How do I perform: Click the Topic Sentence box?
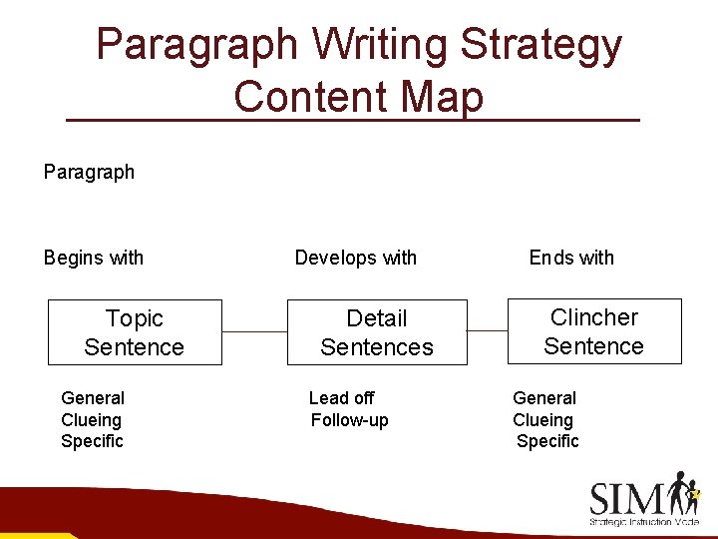(x=135, y=332)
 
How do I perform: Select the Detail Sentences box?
(x=377, y=332)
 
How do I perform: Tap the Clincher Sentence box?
(x=594, y=331)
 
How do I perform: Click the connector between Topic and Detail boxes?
(x=254, y=331)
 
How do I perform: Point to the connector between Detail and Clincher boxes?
(x=488, y=330)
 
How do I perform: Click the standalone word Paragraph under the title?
(x=89, y=172)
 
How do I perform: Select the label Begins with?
(x=94, y=258)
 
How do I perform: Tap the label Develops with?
(x=356, y=258)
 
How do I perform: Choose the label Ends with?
(x=571, y=258)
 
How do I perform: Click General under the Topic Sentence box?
(x=93, y=398)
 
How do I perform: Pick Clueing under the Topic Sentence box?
(x=91, y=420)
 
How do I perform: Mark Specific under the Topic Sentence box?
(x=92, y=441)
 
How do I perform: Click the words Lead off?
(x=342, y=398)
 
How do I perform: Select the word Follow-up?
(x=350, y=420)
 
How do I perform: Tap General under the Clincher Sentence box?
(x=544, y=398)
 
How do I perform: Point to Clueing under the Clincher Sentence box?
(x=542, y=420)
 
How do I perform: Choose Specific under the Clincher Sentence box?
(x=547, y=441)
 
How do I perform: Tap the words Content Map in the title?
(x=359, y=98)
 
